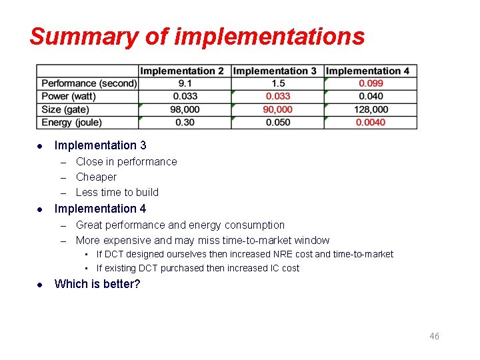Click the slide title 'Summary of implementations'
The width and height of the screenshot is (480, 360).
click(x=197, y=36)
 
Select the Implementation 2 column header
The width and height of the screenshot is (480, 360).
click(x=182, y=71)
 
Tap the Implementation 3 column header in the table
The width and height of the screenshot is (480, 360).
click(x=275, y=71)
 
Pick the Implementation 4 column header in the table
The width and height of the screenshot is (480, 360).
click(x=368, y=71)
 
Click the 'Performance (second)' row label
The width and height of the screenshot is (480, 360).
click(x=89, y=83)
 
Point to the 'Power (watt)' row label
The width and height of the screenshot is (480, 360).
click(x=69, y=96)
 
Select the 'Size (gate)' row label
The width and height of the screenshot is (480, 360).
click(x=65, y=109)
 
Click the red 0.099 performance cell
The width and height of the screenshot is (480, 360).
click(x=371, y=83)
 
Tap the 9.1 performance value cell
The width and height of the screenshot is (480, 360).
click(x=185, y=83)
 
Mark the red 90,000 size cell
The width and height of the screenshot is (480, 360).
click(x=277, y=109)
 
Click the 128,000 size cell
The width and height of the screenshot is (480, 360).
click(x=371, y=109)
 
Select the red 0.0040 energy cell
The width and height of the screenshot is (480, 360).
click(x=371, y=122)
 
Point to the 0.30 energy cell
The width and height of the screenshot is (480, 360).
click(x=185, y=122)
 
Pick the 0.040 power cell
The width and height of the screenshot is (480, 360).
click(x=371, y=96)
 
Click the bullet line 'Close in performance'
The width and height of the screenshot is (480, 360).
click(x=126, y=161)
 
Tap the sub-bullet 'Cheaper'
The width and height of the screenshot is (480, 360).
click(x=96, y=177)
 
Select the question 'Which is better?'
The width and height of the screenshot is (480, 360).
click(x=97, y=284)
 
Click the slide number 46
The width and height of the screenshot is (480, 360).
click(x=434, y=336)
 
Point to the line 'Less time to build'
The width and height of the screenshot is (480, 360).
click(x=117, y=192)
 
